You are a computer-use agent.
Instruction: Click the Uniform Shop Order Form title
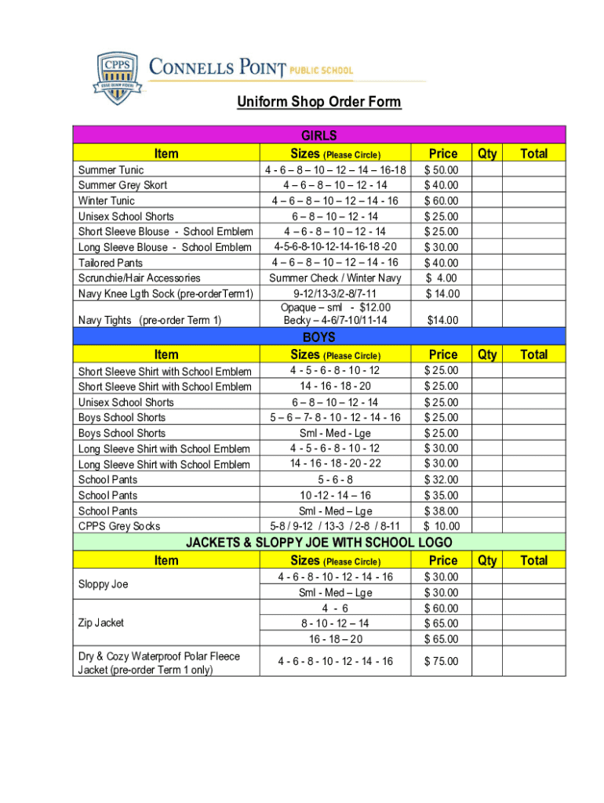click(x=319, y=102)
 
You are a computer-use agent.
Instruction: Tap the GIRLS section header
click(x=319, y=135)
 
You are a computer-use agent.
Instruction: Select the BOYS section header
click(x=319, y=337)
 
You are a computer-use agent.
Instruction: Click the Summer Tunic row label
click(x=111, y=169)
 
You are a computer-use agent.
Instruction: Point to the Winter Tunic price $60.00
click(x=442, y=201)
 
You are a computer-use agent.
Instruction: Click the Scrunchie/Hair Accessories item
click(x=139, y=278)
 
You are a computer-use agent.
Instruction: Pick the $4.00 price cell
click(x=442, y=278)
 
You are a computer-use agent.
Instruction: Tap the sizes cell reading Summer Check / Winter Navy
click(x=336, y=278)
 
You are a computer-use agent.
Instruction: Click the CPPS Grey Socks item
click(x=119, y=526)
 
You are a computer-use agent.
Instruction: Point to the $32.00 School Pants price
click(x=442, y=480)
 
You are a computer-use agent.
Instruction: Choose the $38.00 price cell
click(x=442, y=511)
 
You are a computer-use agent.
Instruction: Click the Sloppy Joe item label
click(x=103, y=584)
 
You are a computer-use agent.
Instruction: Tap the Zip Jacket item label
click(x=101, y=623)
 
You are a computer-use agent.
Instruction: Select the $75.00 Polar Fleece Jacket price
click(x=442, y=661)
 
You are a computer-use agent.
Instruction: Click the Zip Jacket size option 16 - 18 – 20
click(x=336, y=638)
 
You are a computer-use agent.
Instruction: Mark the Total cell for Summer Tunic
click(x=534, y=169)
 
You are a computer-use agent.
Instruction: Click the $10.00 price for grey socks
click(x=442, y=526)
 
